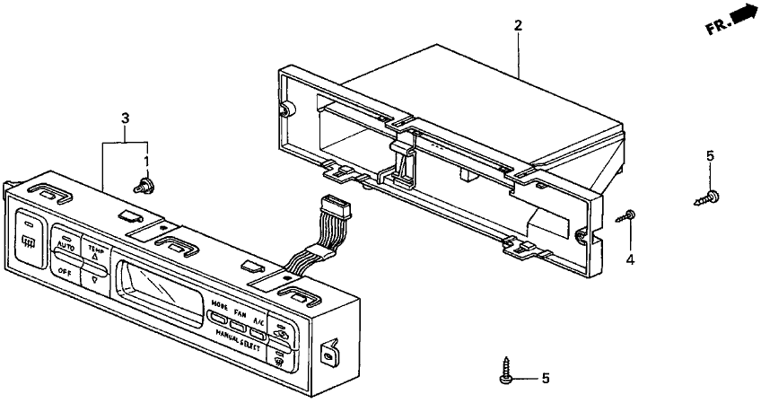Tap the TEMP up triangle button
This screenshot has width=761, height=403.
(x=94, y=254)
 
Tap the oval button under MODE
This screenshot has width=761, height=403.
(x=219, y=316)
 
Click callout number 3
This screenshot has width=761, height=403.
(x=125, y=118)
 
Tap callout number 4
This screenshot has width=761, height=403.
(x=630, y=260)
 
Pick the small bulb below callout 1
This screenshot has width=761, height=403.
(x=141, y=187)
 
